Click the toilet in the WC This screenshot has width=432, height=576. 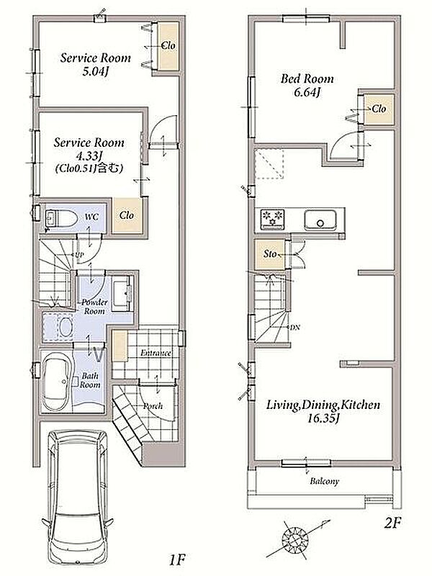point(61,219)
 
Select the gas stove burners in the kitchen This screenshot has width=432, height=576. point(273,219)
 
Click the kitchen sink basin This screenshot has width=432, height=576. point(320,220)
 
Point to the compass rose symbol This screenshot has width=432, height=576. point(296,539)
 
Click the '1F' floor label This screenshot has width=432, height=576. point(176,560)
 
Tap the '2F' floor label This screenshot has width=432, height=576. point(392,523)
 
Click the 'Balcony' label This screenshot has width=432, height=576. point(324,481)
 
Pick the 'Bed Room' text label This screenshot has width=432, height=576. point(307,78)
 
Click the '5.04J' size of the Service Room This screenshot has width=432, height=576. point(96,71)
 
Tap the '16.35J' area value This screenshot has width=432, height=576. point(323,418)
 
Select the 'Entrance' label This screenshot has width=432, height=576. point(156,353)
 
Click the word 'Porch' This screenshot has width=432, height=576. point(153,406)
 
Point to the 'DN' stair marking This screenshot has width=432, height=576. point(295,328)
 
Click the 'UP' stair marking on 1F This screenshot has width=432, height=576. point(79,254)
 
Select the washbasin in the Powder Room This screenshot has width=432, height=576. point(121,293)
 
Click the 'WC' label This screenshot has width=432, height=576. point(91,217)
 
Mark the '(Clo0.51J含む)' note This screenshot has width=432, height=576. point(89,168)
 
